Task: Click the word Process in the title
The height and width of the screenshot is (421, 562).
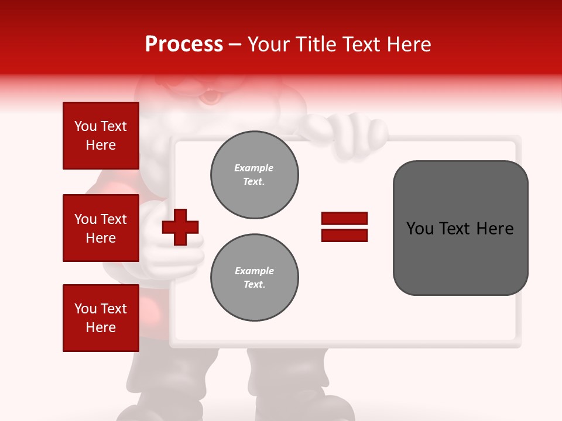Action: point(184,44)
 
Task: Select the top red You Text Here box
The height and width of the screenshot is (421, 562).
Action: point(101,136)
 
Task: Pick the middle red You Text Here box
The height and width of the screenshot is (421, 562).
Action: point(101,228)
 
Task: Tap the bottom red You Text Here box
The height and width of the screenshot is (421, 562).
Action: point(101,318)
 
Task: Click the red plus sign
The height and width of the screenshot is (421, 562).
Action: point(180,227)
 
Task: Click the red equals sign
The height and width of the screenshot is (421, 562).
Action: point(344,227)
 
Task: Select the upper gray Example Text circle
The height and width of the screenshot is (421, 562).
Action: point(254,175)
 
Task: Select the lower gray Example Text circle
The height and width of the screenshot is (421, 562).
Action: point(254,278)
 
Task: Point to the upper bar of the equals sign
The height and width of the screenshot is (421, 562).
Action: point(344,218)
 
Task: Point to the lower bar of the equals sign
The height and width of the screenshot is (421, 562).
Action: point(344,236)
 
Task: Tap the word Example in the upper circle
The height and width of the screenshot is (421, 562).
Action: point(254,168)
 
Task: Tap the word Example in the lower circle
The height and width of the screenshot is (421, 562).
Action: point(254,271)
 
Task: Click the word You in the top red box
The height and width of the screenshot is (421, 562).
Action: point(85,126)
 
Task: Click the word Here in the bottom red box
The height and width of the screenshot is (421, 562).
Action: point(101,327)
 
